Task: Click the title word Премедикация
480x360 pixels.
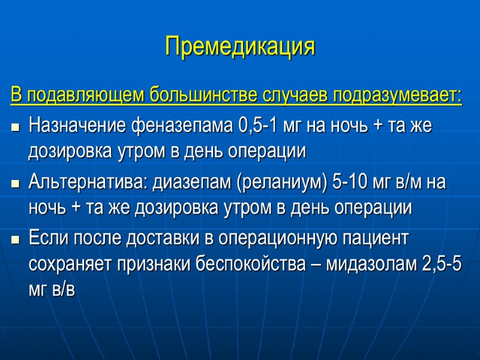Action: pyautogui.click(x=240, y=46)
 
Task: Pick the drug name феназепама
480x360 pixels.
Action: pyautogui.click(x=179, y=127)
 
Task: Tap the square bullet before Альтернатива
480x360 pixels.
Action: pyautogui.click(x=15, y=184)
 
